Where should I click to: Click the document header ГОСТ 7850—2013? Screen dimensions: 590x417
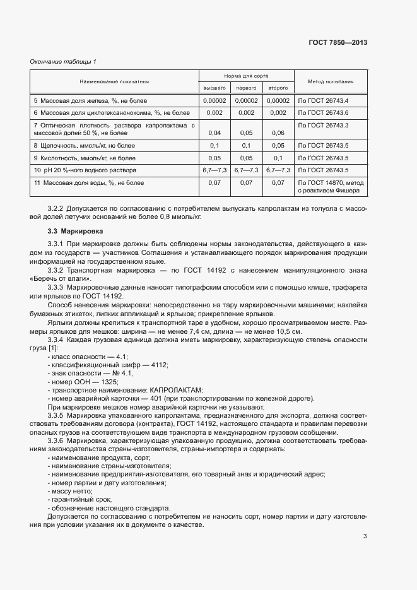click(338, 43)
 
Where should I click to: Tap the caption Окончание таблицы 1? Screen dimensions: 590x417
click(64, 61)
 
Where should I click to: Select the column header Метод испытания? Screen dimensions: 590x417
click(330, 81)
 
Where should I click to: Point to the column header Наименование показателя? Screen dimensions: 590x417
click(114, 81)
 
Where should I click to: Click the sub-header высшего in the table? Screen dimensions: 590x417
click(214, 88)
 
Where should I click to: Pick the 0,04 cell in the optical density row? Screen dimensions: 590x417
click(214, 133)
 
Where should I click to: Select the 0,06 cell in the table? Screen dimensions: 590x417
click(278, 133)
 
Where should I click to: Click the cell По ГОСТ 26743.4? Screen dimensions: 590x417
click(323, 100)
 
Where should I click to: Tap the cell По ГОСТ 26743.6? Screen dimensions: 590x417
click(323, 112)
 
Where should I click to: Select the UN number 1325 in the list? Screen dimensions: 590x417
click(106, 382)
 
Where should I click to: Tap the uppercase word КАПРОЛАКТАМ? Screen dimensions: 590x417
click(177, 390)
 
